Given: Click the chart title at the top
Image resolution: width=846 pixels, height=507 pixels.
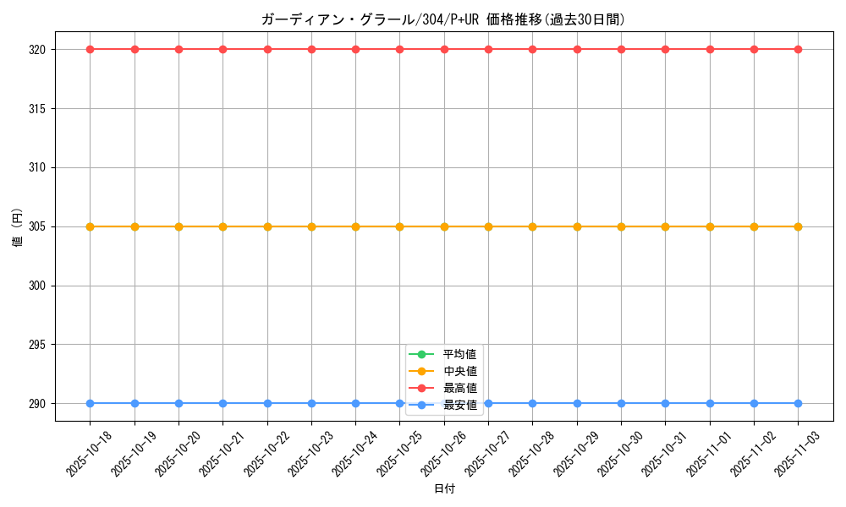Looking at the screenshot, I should [x=443, y=19].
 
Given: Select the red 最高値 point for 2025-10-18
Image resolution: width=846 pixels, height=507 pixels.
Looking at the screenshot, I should [x=91, y=49].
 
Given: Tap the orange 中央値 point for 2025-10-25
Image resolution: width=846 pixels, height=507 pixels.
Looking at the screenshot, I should [x=400, y=226].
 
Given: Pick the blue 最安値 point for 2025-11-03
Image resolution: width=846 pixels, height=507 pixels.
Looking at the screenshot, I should [x=798, y=403].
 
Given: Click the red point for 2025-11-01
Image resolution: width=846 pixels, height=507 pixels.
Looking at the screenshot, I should [x=710, y=49].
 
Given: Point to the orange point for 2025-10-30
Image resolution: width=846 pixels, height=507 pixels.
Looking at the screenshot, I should [x=621, y=226].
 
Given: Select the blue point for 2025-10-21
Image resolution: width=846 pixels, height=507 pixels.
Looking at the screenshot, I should [x=223, y=403].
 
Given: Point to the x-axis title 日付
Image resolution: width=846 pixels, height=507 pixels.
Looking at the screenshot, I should [x=444, y=488].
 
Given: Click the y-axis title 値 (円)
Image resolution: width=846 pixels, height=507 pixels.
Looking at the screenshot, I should [x=17, y=226].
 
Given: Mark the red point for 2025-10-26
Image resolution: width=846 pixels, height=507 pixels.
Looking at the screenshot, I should [x=444, y=49].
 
